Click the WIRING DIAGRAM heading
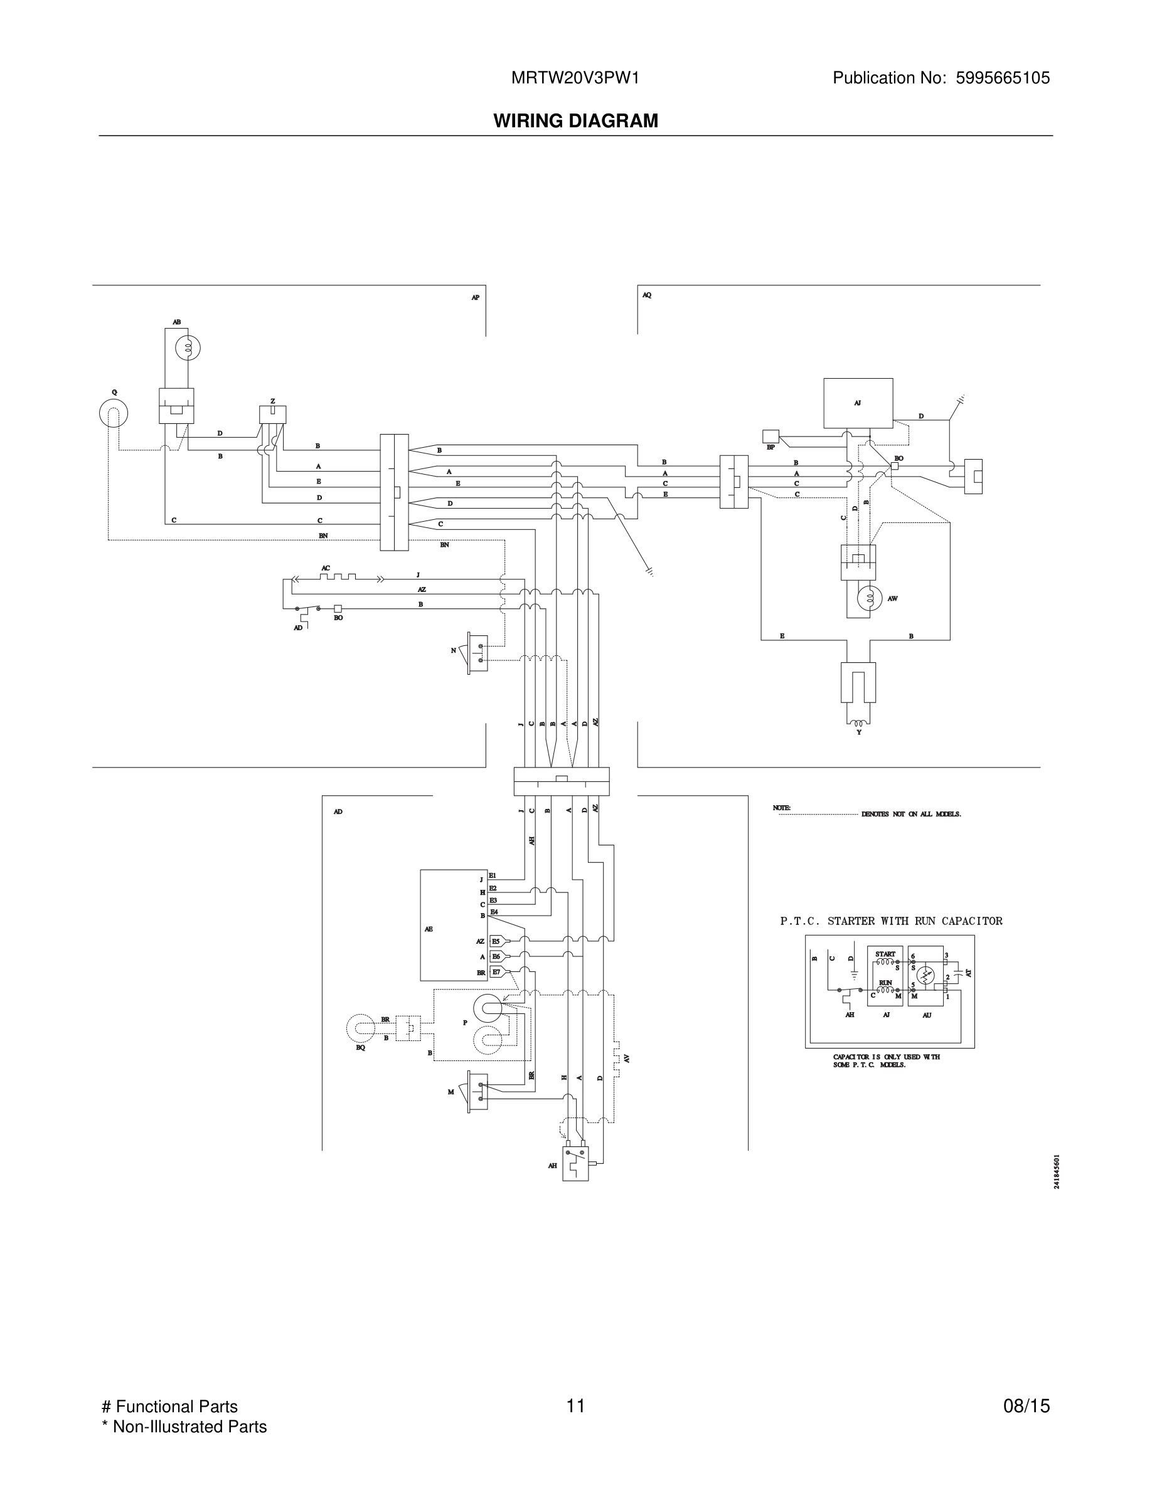click(x=575, y=121)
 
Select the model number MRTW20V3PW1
click(x=575, y=78)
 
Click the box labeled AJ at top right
click(x=858, y=403)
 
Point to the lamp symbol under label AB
click(x=187, y=349)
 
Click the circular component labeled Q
click(x=114, y=413)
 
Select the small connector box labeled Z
click(x=272, y=414)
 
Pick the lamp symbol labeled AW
click(x=870, y=598)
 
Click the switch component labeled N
click(x=477, y=653)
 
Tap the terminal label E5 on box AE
click(x=496, y=941)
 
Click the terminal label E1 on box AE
click(x=493, y=875)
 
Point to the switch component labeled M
click(x=477, y=1092)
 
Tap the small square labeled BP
click(x=771, y=436)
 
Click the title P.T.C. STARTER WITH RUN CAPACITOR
click(x=890, y=921)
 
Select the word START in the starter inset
click(x=885, y=954)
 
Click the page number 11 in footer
click(x=575, y=1406)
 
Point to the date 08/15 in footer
click(x=1026, y=1406)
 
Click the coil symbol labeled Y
click(x=858, y=723)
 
